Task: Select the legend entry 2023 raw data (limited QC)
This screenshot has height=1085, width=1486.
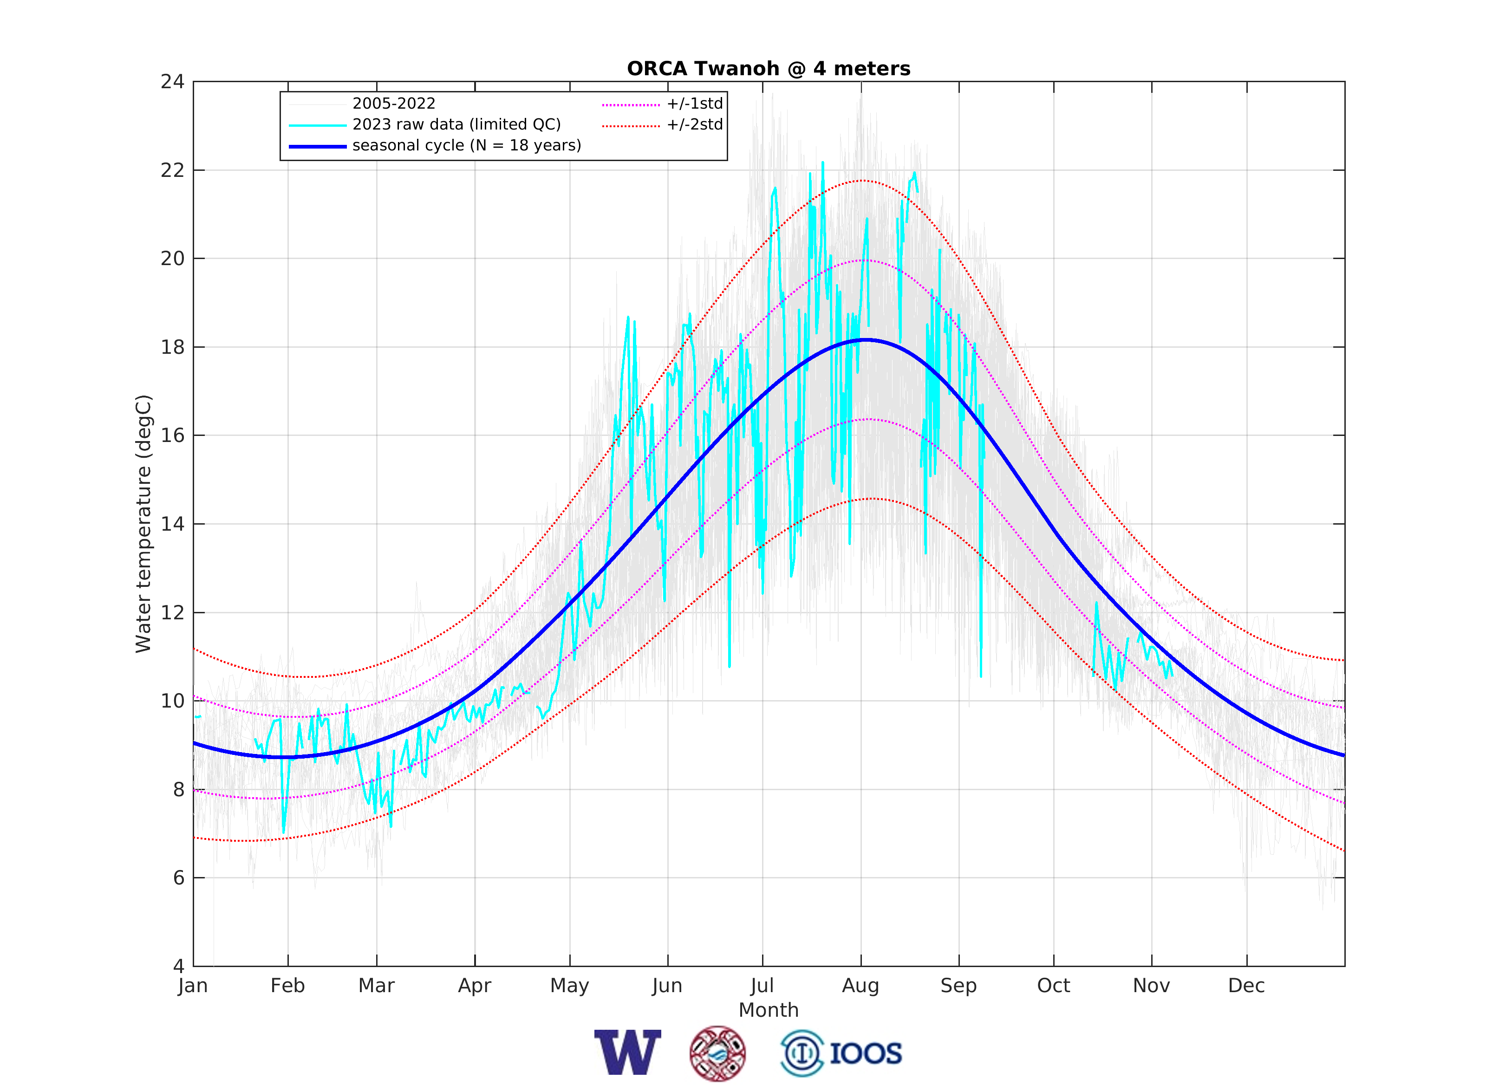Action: pos(456,124)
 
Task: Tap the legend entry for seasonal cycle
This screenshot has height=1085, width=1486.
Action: pos(466,145)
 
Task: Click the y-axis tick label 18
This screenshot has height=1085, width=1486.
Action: pos(173,347)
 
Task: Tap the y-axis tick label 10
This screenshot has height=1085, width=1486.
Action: pos(173,702)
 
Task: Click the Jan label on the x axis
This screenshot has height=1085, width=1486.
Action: pos(193,986)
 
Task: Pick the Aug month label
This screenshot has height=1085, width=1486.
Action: pos(860,986)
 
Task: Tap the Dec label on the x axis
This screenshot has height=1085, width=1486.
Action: pos(1246,986)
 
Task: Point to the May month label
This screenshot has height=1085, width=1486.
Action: pos(570,986)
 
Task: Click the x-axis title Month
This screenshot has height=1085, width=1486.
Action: pos(769,1010)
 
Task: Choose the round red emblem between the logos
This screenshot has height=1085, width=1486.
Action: pos(717,1053)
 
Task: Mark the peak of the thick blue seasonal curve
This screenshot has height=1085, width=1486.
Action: pos(867,339)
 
